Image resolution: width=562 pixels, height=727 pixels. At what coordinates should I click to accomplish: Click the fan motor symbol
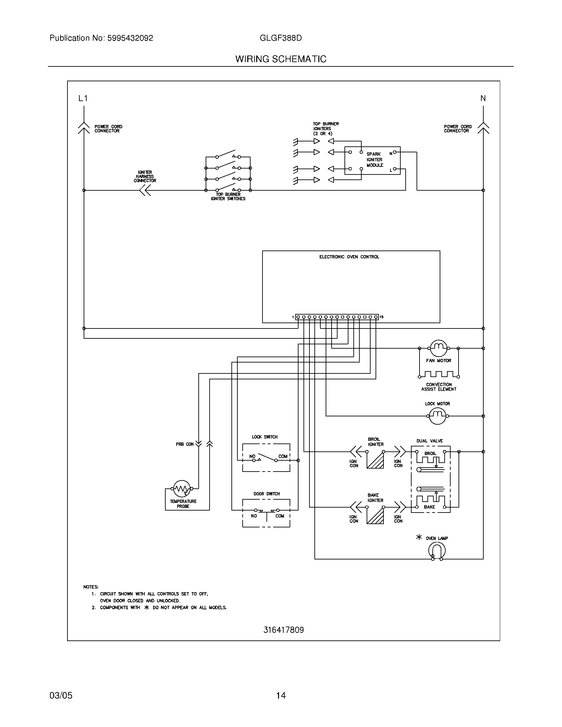coord(438,348)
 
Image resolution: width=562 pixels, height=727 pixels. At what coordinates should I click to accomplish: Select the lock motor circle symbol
coord(437,416)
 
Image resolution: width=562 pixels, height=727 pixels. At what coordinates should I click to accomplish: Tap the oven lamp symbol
coord(437,551)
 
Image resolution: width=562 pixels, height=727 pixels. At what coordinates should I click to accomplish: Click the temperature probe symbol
coord(182,489)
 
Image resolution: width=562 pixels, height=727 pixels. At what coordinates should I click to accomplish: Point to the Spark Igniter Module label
coord(375,160)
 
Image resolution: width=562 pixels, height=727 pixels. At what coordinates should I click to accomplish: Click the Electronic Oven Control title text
coord(349,257)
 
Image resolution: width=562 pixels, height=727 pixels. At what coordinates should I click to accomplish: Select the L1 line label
coord(83,98)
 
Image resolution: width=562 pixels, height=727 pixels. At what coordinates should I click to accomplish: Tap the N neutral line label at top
coord(483,98)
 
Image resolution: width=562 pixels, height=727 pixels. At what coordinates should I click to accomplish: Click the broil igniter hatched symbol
coord(375,460)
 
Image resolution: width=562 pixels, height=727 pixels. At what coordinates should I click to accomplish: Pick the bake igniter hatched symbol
coord(375,516)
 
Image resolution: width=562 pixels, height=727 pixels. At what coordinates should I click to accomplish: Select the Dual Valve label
coord(429,441)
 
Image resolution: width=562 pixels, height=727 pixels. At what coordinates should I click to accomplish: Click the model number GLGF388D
coord(281,38)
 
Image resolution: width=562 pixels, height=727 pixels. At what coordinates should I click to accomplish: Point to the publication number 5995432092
coord(130,38)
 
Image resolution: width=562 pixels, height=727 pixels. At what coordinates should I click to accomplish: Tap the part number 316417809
coord(283,630)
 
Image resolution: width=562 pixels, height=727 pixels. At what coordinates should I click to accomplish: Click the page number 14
coord(281,695)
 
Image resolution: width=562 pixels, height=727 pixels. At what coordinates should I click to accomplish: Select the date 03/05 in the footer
coord(61,695)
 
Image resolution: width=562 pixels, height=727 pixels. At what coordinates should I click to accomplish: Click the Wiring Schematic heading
coord(281,59)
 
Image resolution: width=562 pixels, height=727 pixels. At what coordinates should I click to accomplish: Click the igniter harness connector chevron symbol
coord(145,190)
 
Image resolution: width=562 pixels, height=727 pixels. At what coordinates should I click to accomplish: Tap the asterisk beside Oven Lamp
coord(419,537)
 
